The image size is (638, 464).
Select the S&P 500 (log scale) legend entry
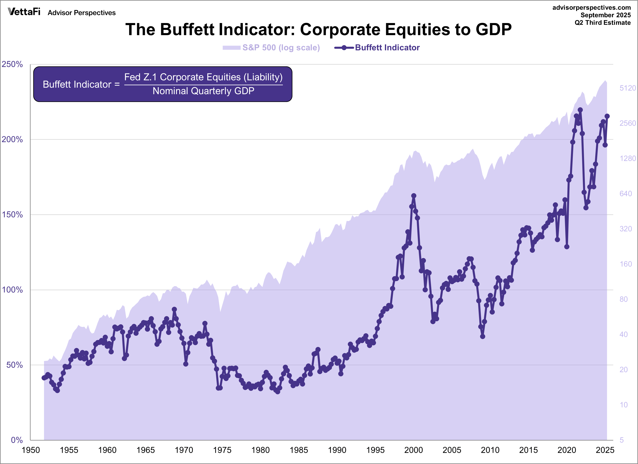pos(271,48)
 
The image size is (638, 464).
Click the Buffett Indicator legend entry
pos(377,48)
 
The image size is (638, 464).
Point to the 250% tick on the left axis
pos(12,64)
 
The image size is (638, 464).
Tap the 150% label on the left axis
pos(12,215)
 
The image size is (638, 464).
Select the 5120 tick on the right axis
pos(628,88)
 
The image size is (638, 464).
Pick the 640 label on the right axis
pos(625,194)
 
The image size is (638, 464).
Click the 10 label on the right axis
pos(624,405)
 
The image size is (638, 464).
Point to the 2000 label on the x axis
pos(413,450)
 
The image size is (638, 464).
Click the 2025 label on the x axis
pos(605,450)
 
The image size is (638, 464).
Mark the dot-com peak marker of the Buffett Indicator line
pos(413,196)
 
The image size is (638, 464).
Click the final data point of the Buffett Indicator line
pos(607,116)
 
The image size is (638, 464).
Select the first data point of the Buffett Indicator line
pos(44,378)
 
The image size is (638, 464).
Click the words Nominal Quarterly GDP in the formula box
pos(203,91)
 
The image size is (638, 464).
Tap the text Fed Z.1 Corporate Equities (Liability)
pos(203,77)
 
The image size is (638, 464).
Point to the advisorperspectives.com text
pos(591,8)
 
